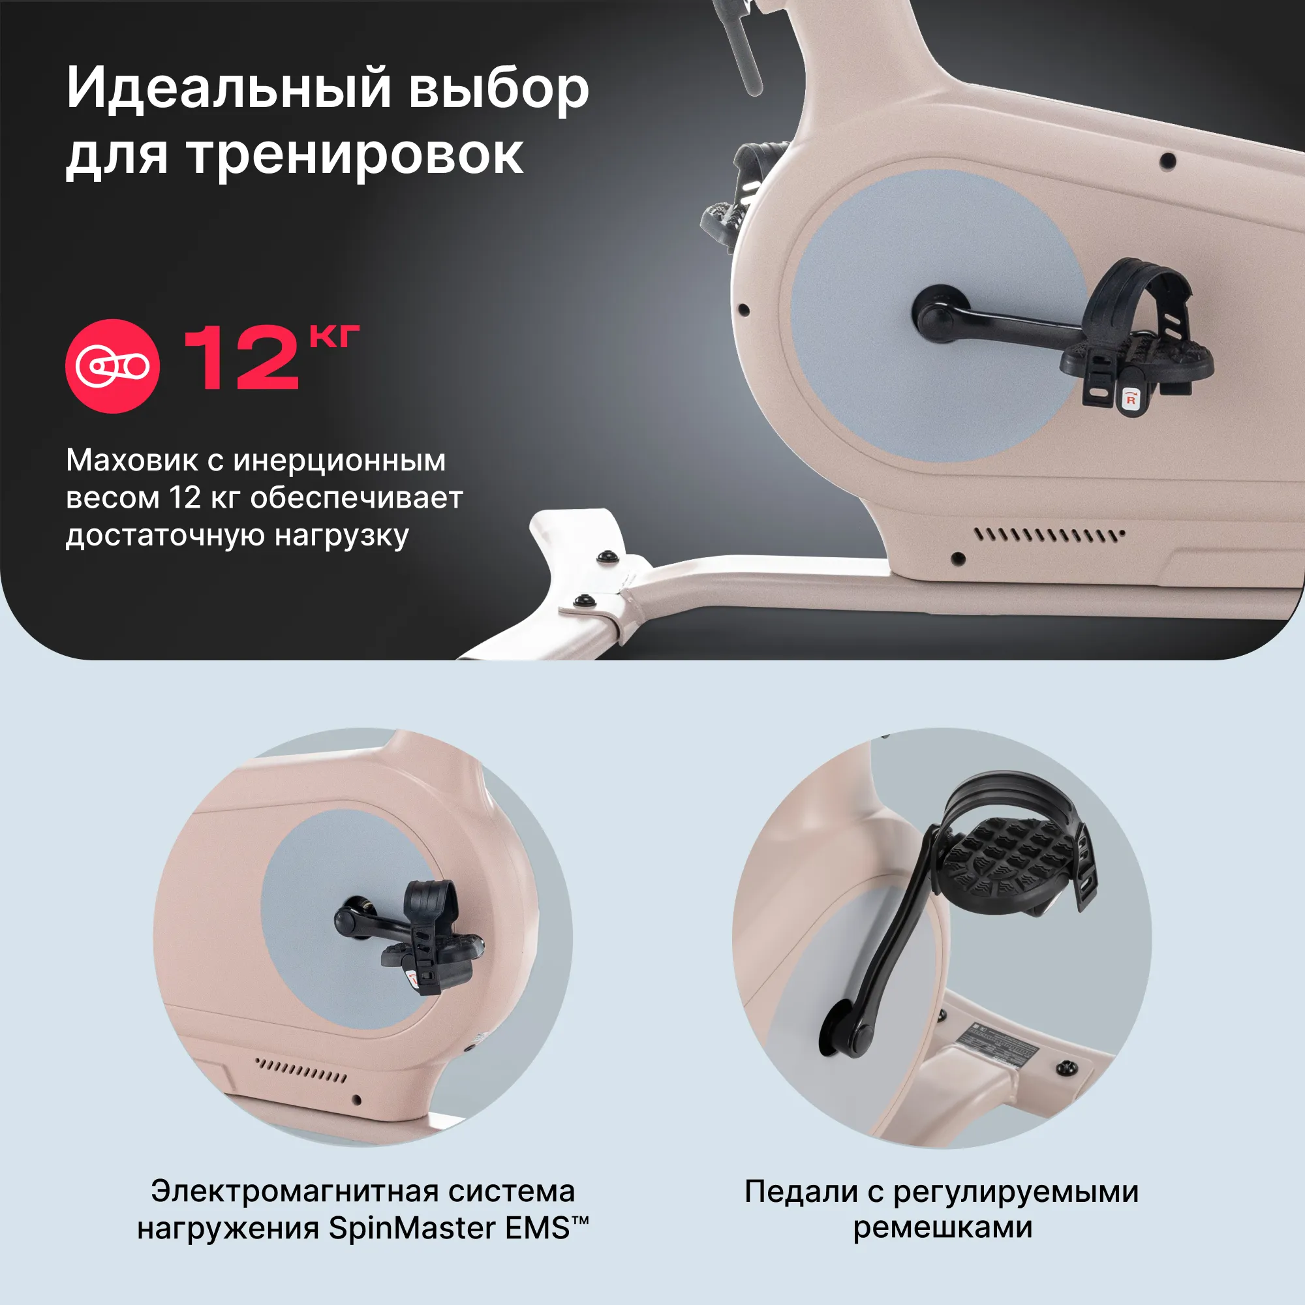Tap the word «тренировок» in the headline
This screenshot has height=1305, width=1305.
click(354, 155)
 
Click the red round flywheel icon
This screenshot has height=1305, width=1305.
click(112, 366)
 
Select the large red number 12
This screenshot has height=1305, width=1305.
click(241, 358)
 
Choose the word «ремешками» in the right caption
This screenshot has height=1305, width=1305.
click(942, 1228)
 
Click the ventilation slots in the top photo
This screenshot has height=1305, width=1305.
click(1049, 536)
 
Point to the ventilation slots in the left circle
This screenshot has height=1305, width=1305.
click(301, 1070)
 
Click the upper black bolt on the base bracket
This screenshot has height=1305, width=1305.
click(607, 557)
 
